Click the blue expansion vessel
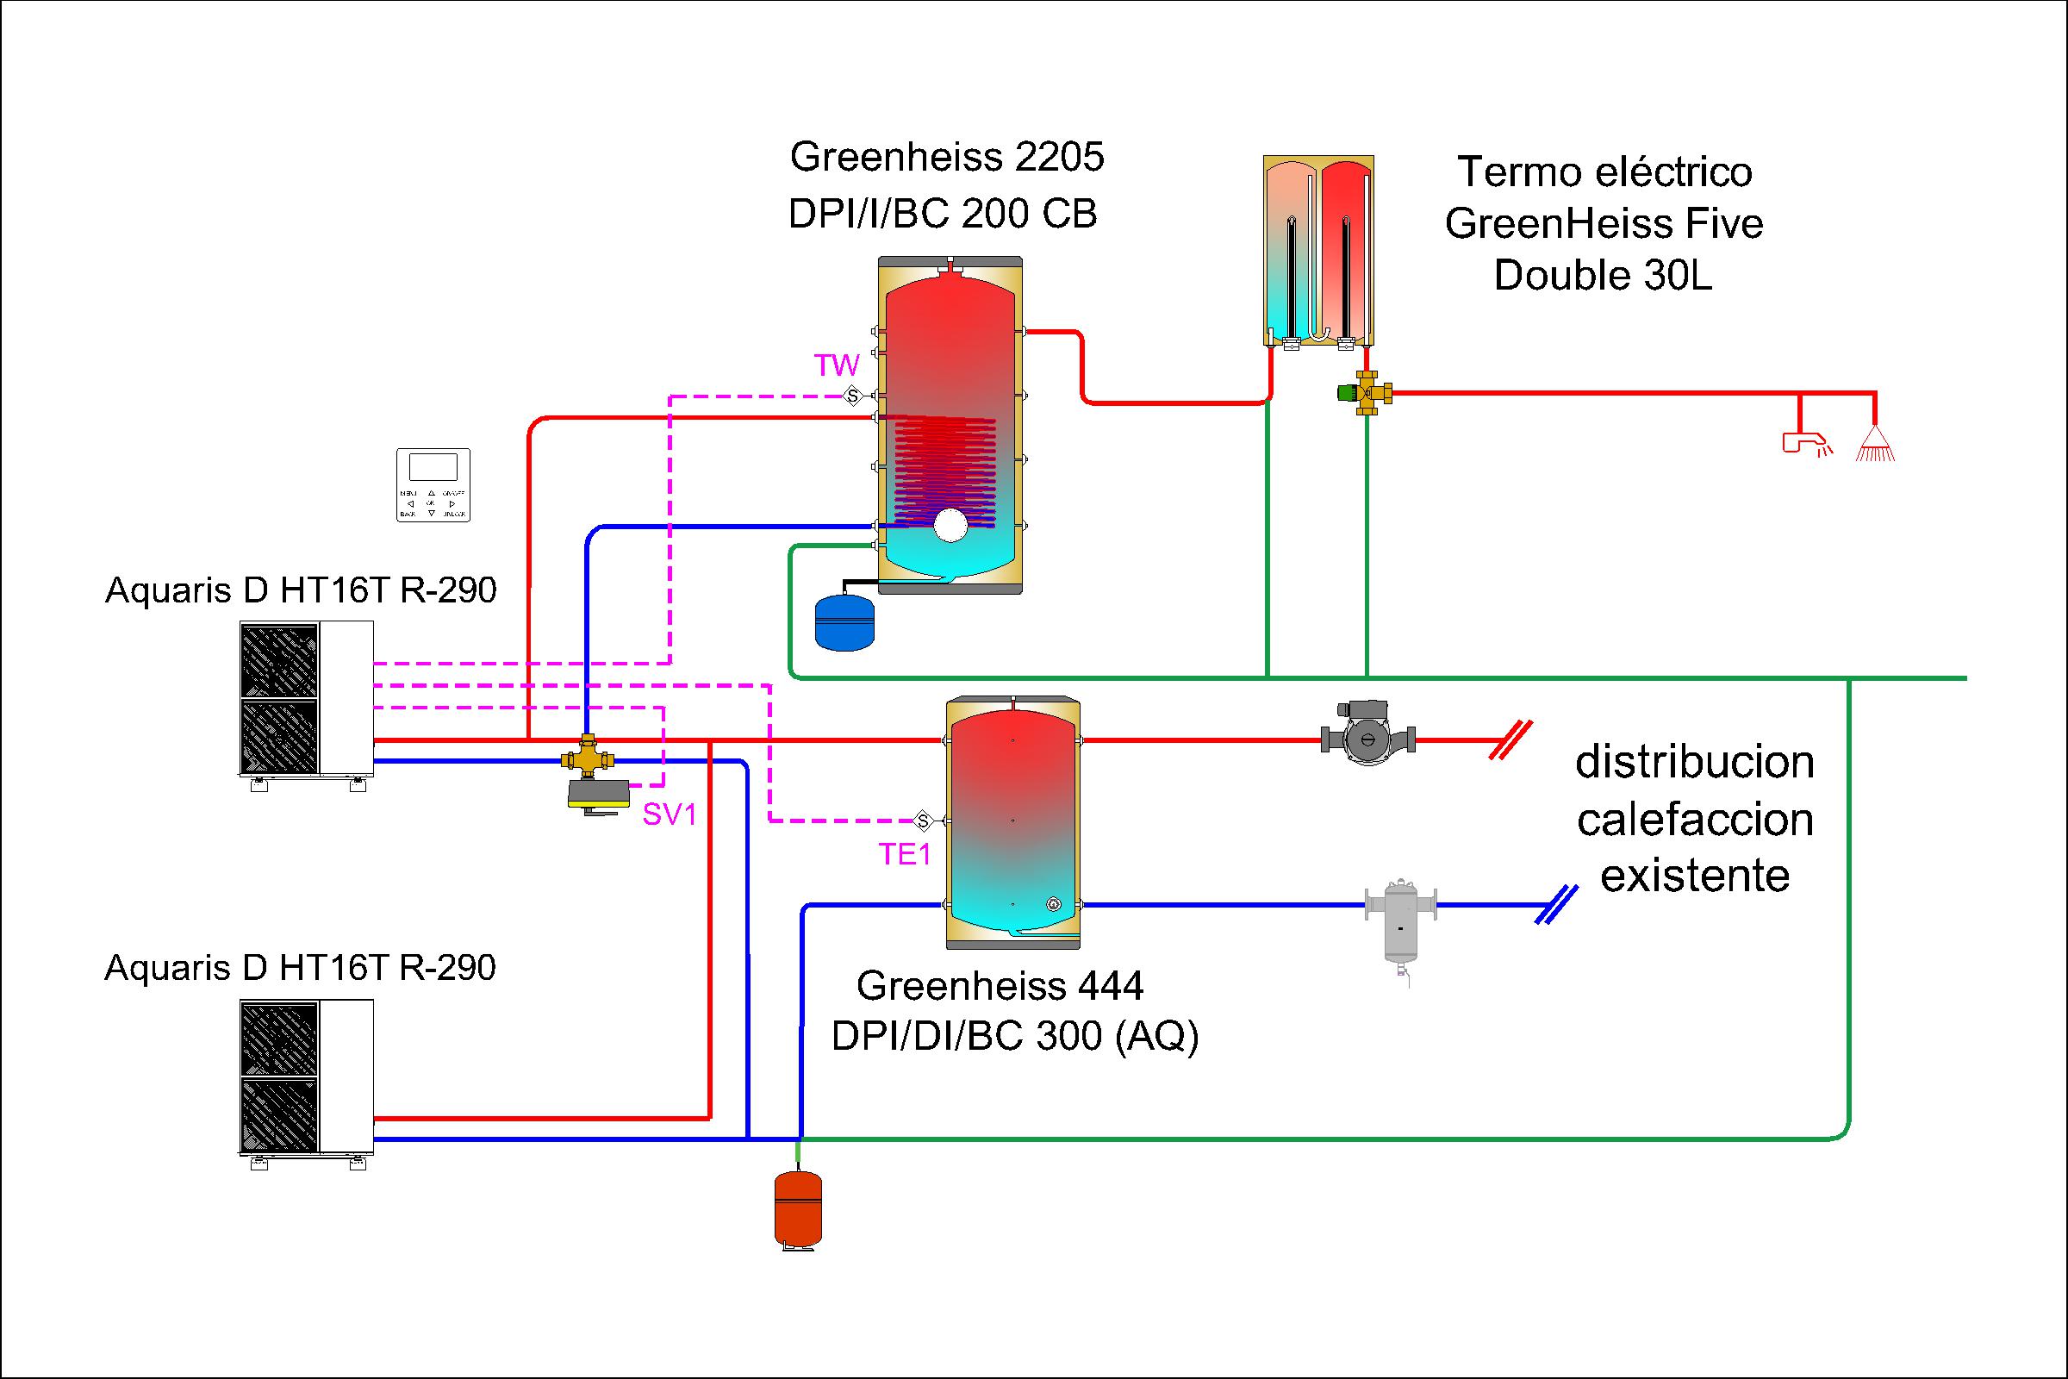(x=845, y=621)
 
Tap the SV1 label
(x=670, y=815)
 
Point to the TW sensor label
(x=836, y=365)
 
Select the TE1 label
(x=905, y=854)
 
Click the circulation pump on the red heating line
(x=1367, y=739)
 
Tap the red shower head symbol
(x=1875, y=445)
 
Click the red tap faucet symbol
(x=1804, y=443)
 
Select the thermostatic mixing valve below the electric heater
(x=1365, y=393)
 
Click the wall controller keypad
(x=433, y=484)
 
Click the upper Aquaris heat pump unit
(x=306, y=699)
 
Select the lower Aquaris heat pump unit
(x=306, y=1076)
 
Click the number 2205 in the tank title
(x=1059, y=158)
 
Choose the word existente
(x=1694, y=876)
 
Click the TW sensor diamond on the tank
(x=852, y=396)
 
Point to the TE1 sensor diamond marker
(x=922, y=821)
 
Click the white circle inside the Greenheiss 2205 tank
(x=950, y=525)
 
